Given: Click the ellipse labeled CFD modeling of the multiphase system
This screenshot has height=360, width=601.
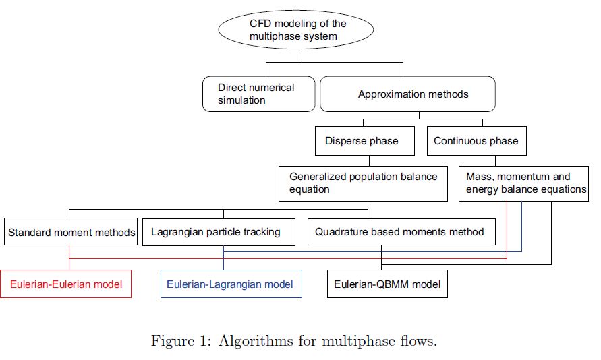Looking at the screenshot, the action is point(296,30).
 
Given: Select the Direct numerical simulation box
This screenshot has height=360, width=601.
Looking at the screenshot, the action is point(259,94).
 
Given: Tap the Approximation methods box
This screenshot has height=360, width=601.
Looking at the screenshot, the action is point(407,94).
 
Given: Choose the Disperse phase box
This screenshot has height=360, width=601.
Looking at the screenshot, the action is point(365,141).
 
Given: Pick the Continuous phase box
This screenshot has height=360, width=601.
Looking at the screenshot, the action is point(477,141).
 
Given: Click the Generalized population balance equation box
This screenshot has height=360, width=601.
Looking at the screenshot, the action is point(363,183).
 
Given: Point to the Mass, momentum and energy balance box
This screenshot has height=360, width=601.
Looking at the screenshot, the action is point(523,183).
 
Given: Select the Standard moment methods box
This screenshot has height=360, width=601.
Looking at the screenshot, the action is point(71,232).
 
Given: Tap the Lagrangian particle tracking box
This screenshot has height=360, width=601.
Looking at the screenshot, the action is point(219,232).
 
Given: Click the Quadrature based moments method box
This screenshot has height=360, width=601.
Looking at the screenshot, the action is point(402,232).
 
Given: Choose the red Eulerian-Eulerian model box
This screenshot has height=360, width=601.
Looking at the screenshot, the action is point(66,284).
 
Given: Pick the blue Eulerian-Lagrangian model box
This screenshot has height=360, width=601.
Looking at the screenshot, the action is point(231,284).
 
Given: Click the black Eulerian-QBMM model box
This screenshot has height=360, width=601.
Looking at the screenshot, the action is point(387,284).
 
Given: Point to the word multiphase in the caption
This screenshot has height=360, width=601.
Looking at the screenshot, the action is point(358,341).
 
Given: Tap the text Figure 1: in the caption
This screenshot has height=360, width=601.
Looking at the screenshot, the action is point(181,341).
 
